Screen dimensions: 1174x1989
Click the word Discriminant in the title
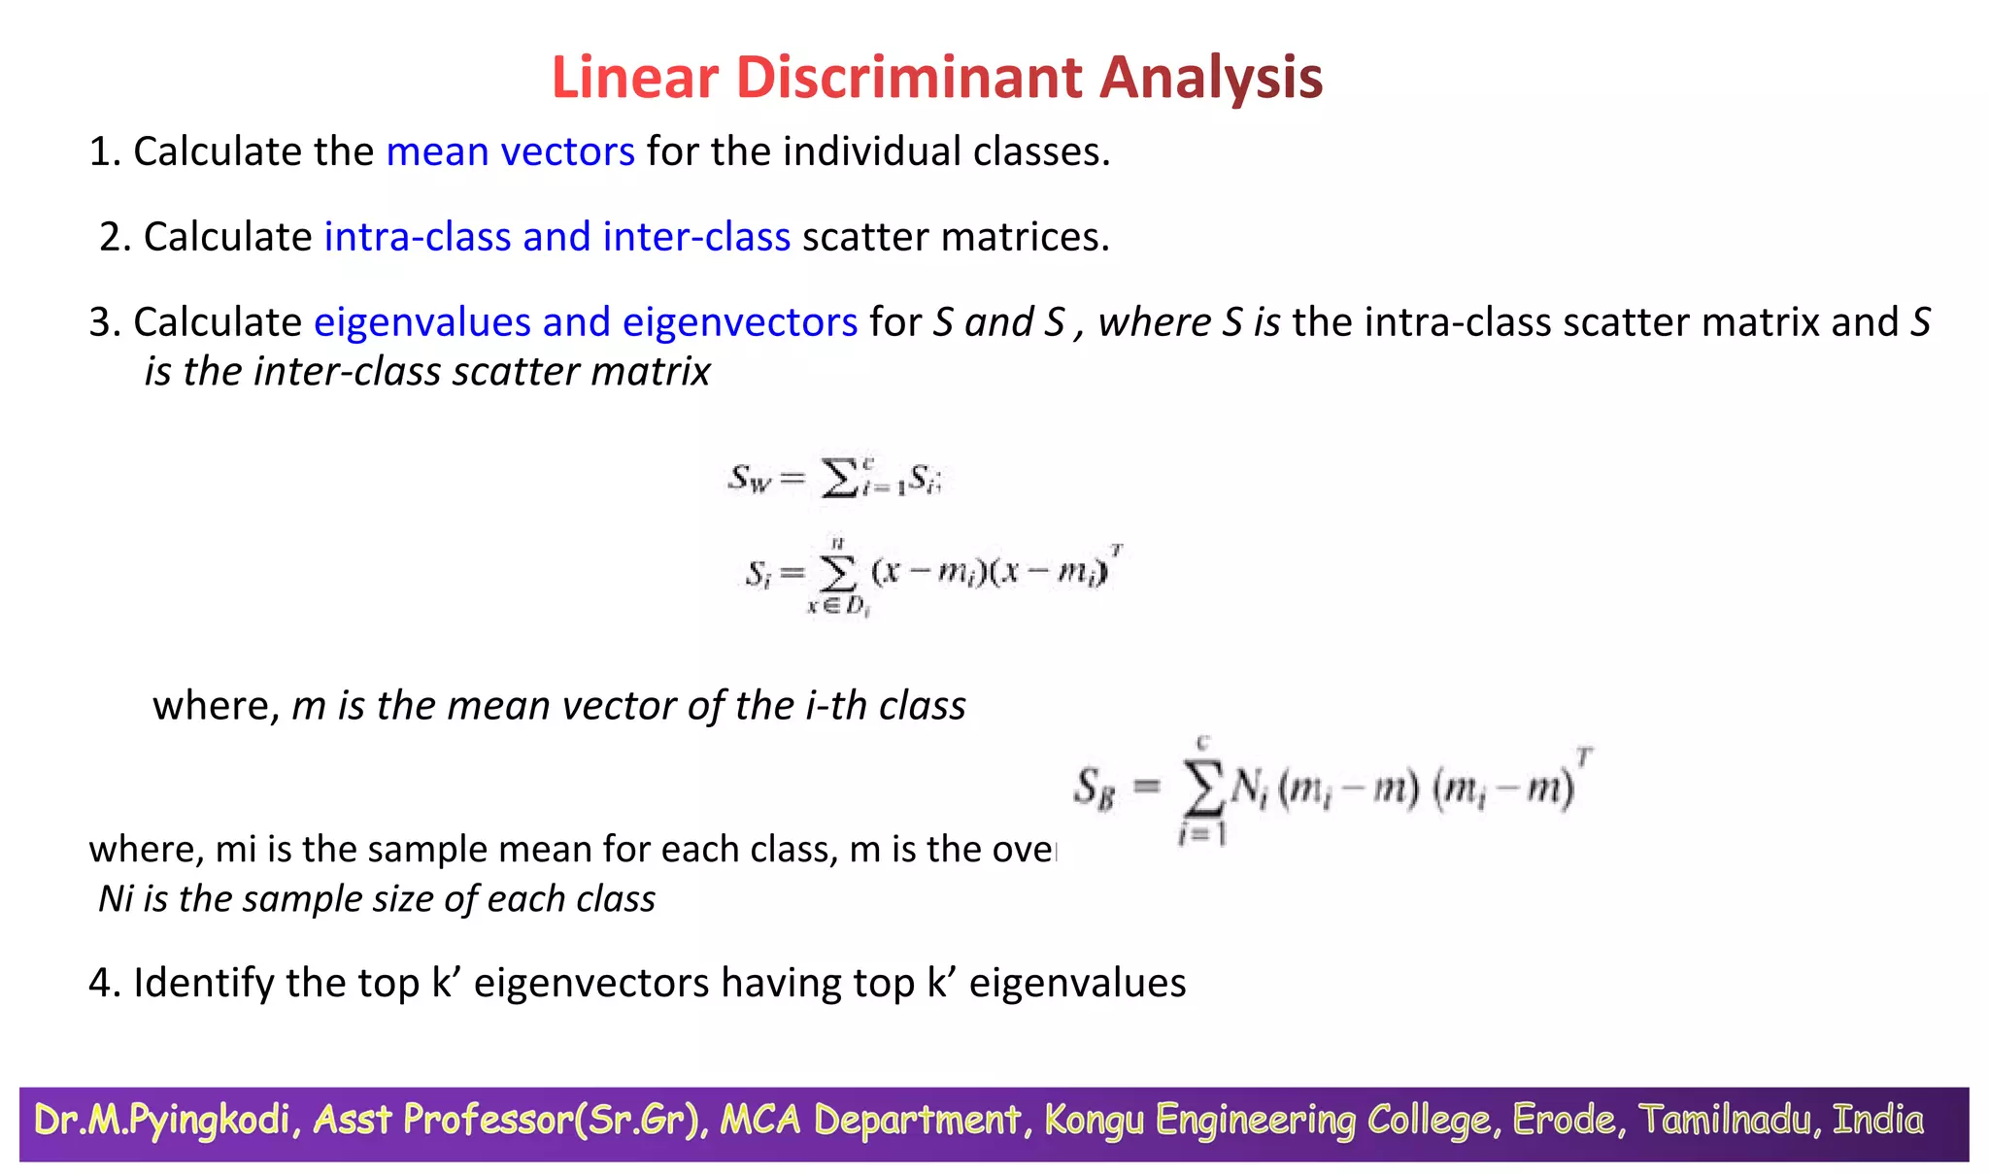coord(908,78)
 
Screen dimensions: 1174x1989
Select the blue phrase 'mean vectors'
coord(510,151)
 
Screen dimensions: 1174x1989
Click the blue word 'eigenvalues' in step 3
coord(421,322)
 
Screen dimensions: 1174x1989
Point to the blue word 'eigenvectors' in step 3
coord(740,322)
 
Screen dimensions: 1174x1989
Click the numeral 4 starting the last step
coord(101,983)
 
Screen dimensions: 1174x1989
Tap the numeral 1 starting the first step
coord(99,151)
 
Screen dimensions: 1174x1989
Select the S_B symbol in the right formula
coord(1095,787)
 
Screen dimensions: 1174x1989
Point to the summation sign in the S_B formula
coord(1203,788)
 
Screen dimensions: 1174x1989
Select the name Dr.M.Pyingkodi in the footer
coord(162,1120)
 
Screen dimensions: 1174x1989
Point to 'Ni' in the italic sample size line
coord(116,899)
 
